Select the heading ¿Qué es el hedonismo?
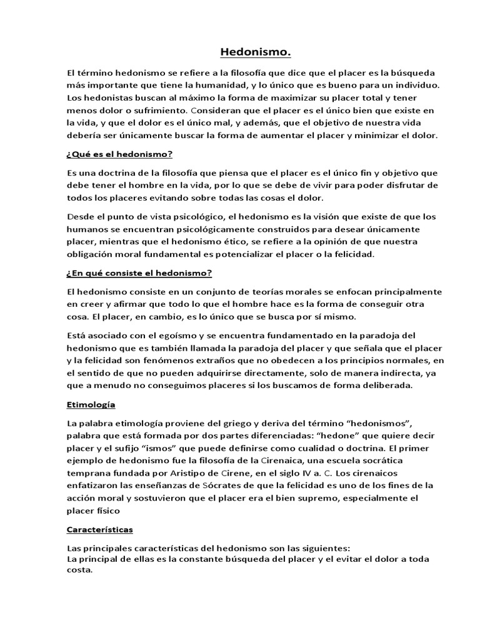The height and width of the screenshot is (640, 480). pyautogui.click(x=119, y=154)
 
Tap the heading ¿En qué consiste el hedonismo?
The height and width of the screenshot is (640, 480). pyautogui.click(x=139, y=272)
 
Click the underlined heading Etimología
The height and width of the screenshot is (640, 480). pyautogui.click(x=91, y=404)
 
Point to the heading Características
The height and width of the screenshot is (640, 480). pyautogui.click(x=100, y=529)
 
